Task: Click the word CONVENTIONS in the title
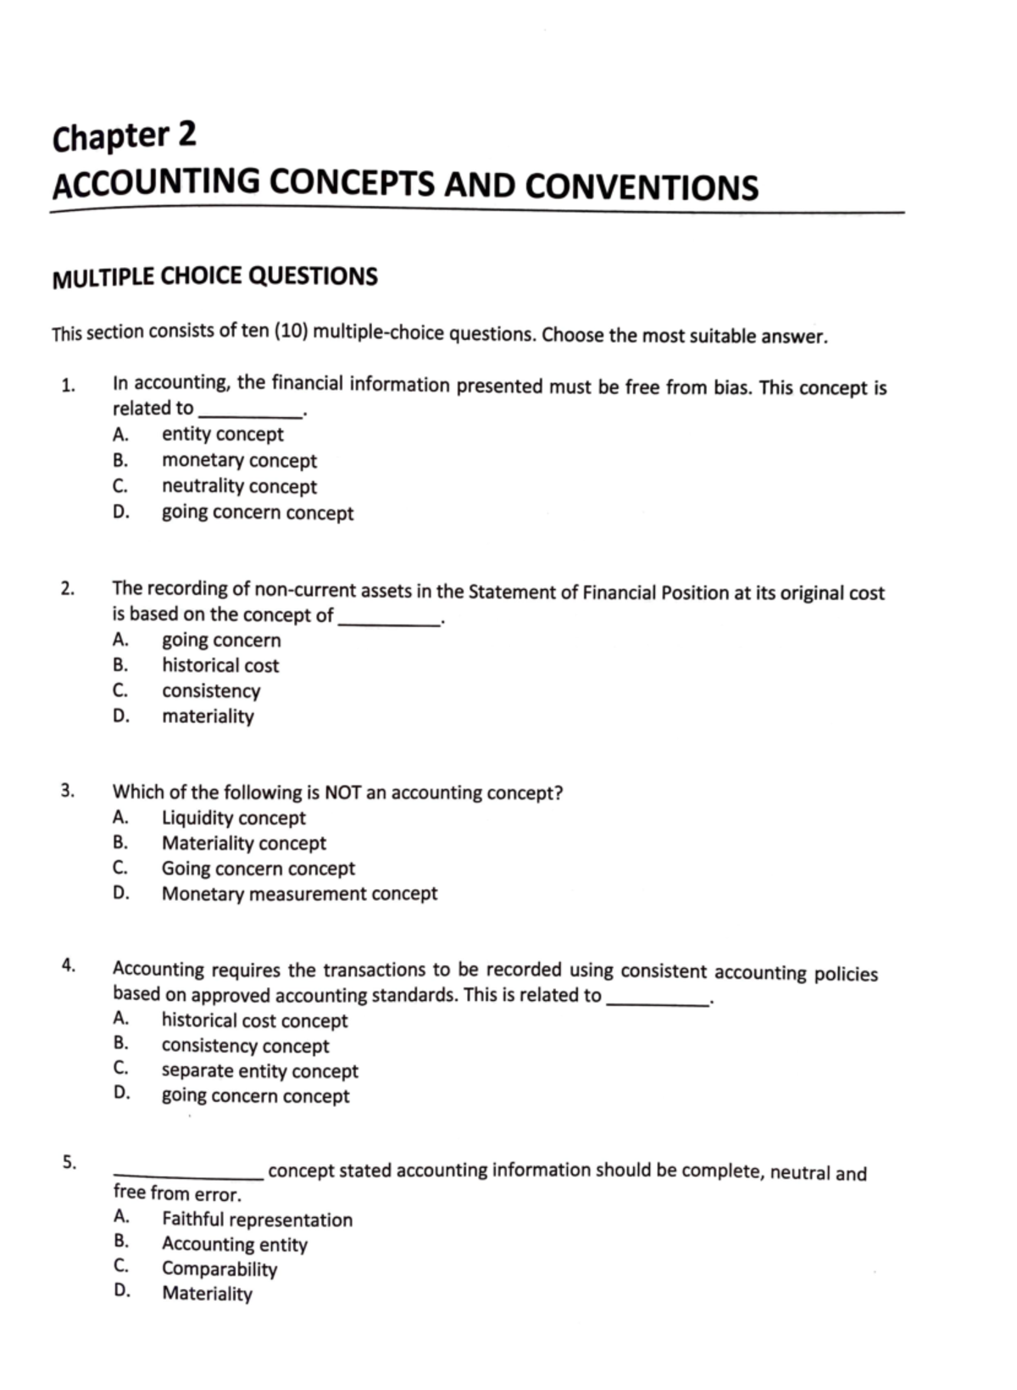click(642, 186)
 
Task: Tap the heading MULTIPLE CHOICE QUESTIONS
click(214, 277)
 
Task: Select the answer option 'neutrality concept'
click(239, 486)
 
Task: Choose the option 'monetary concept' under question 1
click(239, 460)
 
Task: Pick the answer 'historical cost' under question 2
click(220, 665)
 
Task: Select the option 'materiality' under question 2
click(208, 716)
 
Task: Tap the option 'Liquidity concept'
click(233, 818)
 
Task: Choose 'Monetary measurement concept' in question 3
click(299, 893)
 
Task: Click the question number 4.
click(68, 965)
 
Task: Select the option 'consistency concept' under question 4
click(245, 1046)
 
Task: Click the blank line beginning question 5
click(188, 1174)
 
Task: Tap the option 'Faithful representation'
click(257, 1220)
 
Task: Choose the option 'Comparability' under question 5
click(220, 1269)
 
